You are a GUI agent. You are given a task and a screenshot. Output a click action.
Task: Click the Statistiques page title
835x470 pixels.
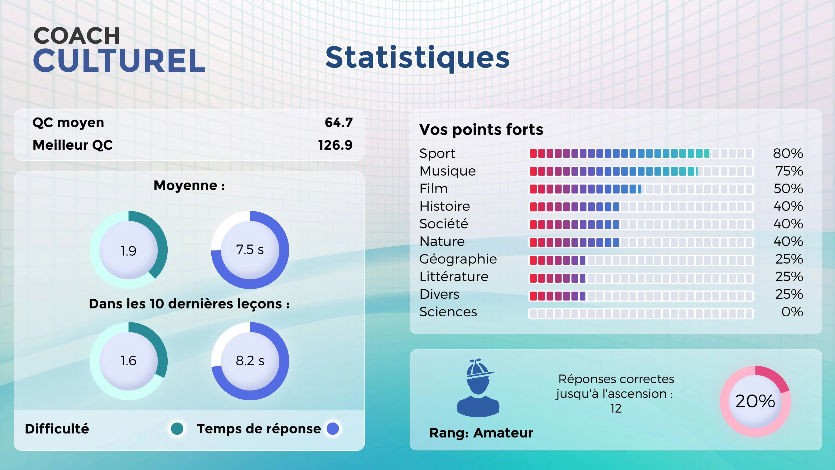coord(417,58)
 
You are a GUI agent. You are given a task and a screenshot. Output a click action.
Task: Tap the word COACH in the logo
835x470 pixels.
coord(77,36)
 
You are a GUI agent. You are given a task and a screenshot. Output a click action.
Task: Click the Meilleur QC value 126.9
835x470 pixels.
coord(335,145)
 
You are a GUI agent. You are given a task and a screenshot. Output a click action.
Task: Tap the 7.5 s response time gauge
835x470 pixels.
coord(250,250)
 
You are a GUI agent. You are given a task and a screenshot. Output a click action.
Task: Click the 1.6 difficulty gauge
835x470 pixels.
coord(128,361)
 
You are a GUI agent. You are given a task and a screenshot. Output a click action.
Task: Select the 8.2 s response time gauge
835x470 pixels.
coord(250,361)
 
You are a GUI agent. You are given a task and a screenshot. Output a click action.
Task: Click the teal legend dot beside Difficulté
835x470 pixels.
coord(177,428)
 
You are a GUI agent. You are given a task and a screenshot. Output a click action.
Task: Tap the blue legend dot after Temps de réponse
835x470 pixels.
coord(333,428)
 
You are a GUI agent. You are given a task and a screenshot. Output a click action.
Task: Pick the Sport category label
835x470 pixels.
coord(437,153)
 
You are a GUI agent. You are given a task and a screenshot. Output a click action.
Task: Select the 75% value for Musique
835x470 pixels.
coord(789,171)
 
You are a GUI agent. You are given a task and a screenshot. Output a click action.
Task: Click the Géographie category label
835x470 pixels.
coord(458,259)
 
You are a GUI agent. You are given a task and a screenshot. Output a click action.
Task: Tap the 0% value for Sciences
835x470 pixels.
coord(792,312)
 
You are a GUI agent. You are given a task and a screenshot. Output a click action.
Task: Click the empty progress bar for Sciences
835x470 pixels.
coord(641,314)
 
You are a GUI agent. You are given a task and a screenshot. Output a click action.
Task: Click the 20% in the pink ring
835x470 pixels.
coord(755,401)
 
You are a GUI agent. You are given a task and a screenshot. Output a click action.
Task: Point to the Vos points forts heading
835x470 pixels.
coord(481,129)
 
